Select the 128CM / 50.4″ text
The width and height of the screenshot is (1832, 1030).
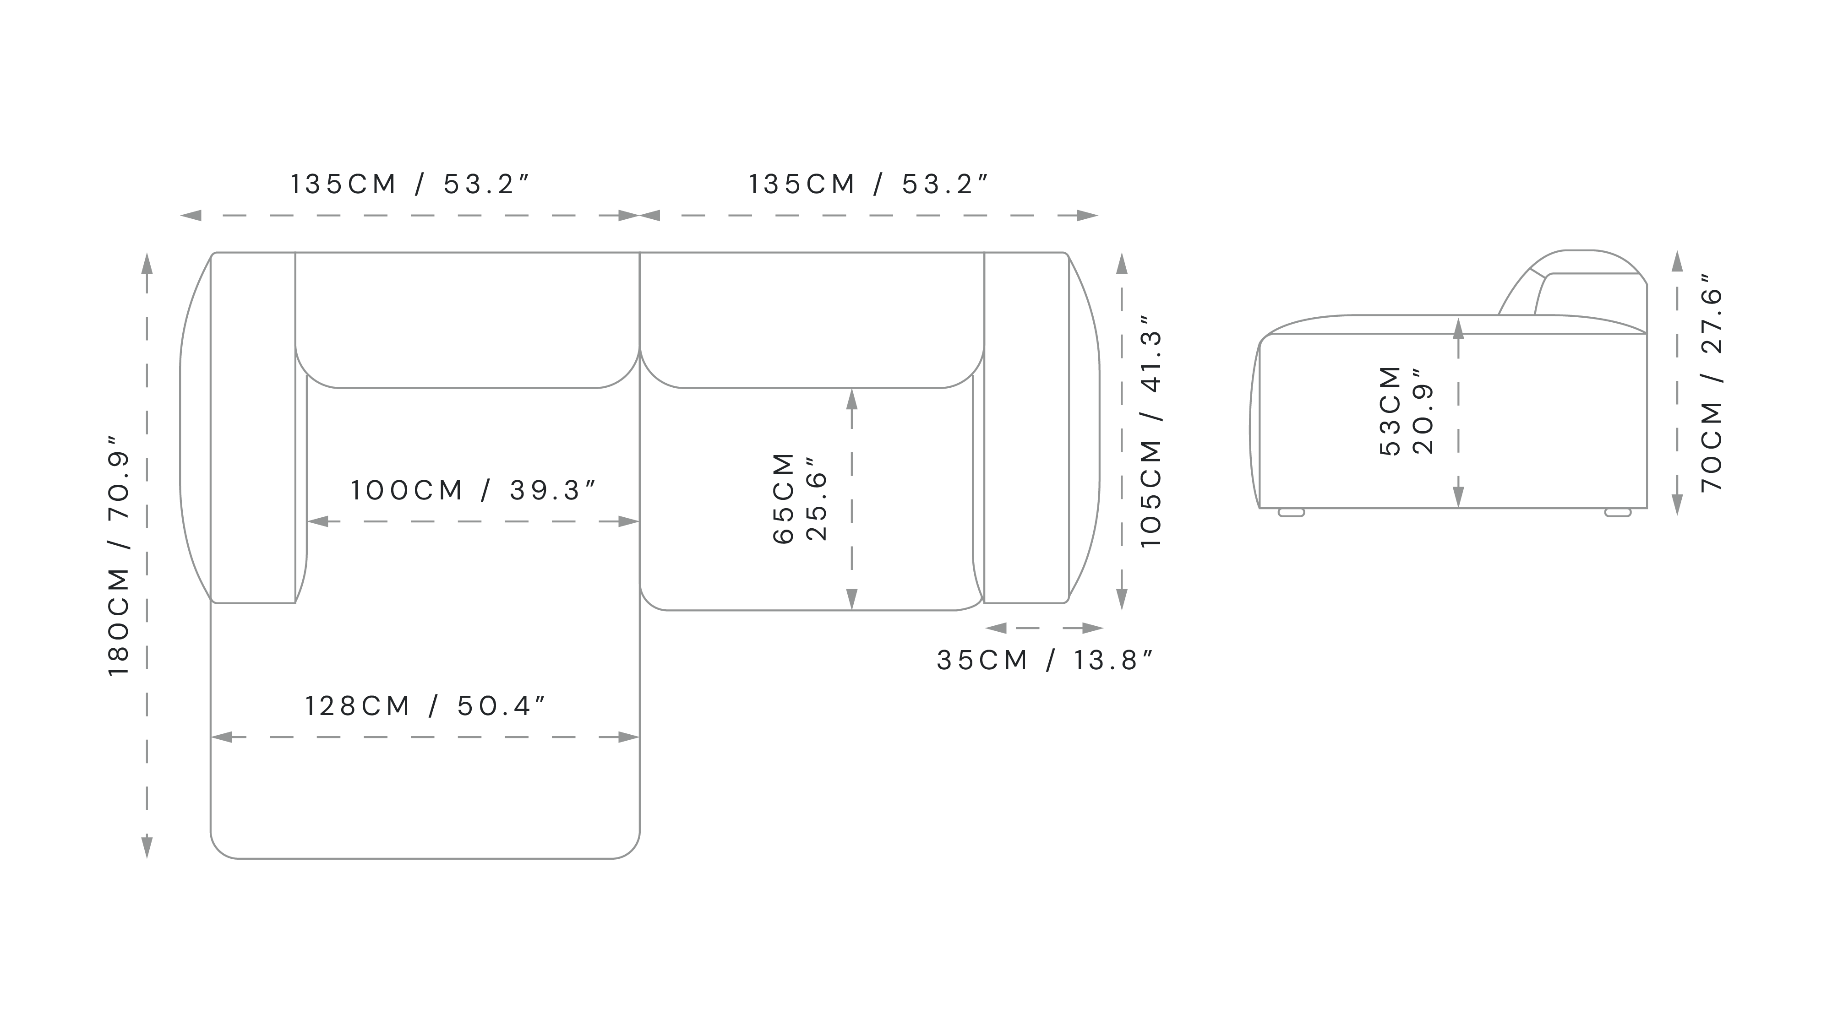[x=425, y=706]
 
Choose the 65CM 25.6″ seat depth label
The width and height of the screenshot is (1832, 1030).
[x=800, y=498]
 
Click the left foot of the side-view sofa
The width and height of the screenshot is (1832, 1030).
[x=1292, y=512]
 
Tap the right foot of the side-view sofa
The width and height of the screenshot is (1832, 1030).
[x=1618, y=512]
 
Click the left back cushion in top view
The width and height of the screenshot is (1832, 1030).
[x=467, y=320]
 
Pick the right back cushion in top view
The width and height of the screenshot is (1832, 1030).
[x=812, y=320]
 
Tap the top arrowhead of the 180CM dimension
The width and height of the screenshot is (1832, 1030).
[x=147, y=264]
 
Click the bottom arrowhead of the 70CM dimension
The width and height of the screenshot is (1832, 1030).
[x=1678, y=504]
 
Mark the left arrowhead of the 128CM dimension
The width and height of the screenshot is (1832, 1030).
[x=222, y=737]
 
